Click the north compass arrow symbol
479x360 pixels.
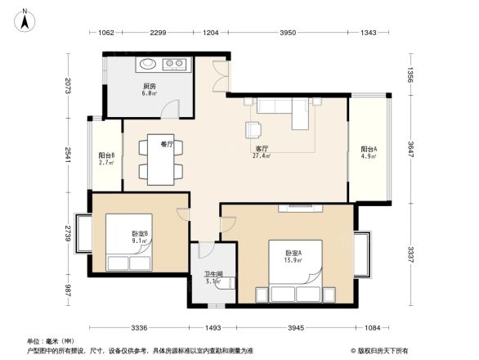point(25,17)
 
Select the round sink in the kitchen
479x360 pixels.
point(148,63)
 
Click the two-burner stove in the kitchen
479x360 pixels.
point(176,63)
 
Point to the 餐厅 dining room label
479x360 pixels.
point(167,145)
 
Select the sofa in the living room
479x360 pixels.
point(282,110)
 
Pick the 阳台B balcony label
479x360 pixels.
point(106,158)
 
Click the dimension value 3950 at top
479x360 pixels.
point(287,33)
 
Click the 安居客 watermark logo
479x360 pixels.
point(378,350)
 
